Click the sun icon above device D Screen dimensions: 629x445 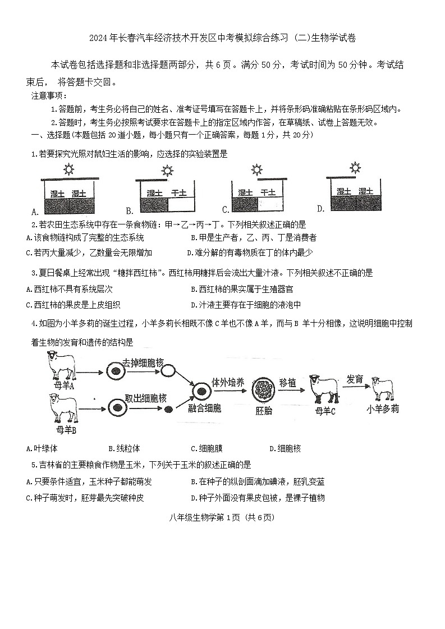coord(355,167)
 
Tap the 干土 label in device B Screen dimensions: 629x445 coord(179,193)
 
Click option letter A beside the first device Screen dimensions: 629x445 coord(35,212)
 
